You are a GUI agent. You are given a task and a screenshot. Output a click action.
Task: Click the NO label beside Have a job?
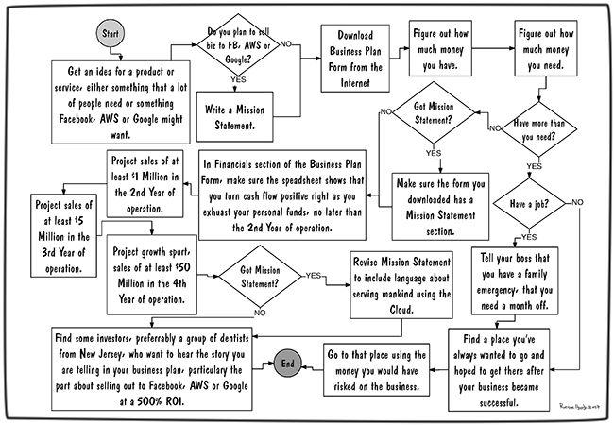click(x=577, y=201)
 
